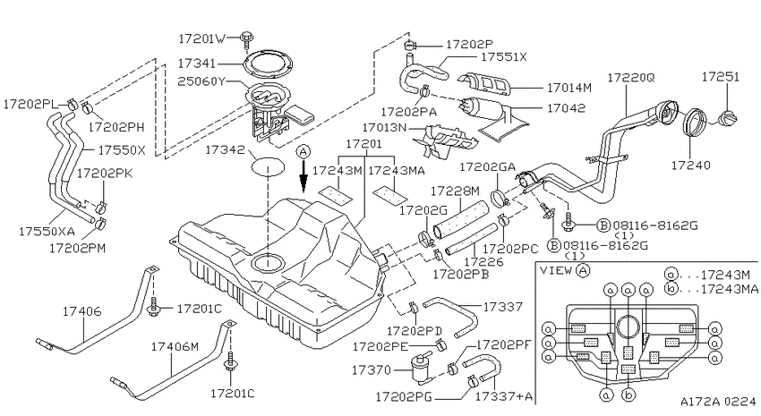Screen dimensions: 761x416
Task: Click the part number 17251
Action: coord(721,77)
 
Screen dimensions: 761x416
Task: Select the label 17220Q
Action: coord(631,77)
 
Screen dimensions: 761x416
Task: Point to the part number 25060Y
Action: coord(201,81)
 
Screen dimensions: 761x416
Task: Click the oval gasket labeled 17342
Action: coord(267,166)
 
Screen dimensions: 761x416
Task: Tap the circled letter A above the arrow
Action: coord(304,152)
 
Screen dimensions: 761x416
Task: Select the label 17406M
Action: coord(175,347)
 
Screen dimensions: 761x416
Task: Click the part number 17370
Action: coord(372,370)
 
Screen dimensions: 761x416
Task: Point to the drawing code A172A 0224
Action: coord(718,402)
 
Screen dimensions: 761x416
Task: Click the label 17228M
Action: coord(455,190)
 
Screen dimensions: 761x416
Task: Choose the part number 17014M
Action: coord(569,89)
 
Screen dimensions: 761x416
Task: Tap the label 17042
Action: coord(566,107)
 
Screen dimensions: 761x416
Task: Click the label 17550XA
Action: coord(47,232)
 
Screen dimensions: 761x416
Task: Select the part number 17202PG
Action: coord(403,396)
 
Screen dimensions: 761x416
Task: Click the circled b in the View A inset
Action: coord(628,395)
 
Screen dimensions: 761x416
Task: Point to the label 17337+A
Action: coord(503,396)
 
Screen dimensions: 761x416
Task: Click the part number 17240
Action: coord(690,166)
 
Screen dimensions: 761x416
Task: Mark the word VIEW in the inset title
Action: coord(556,270)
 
